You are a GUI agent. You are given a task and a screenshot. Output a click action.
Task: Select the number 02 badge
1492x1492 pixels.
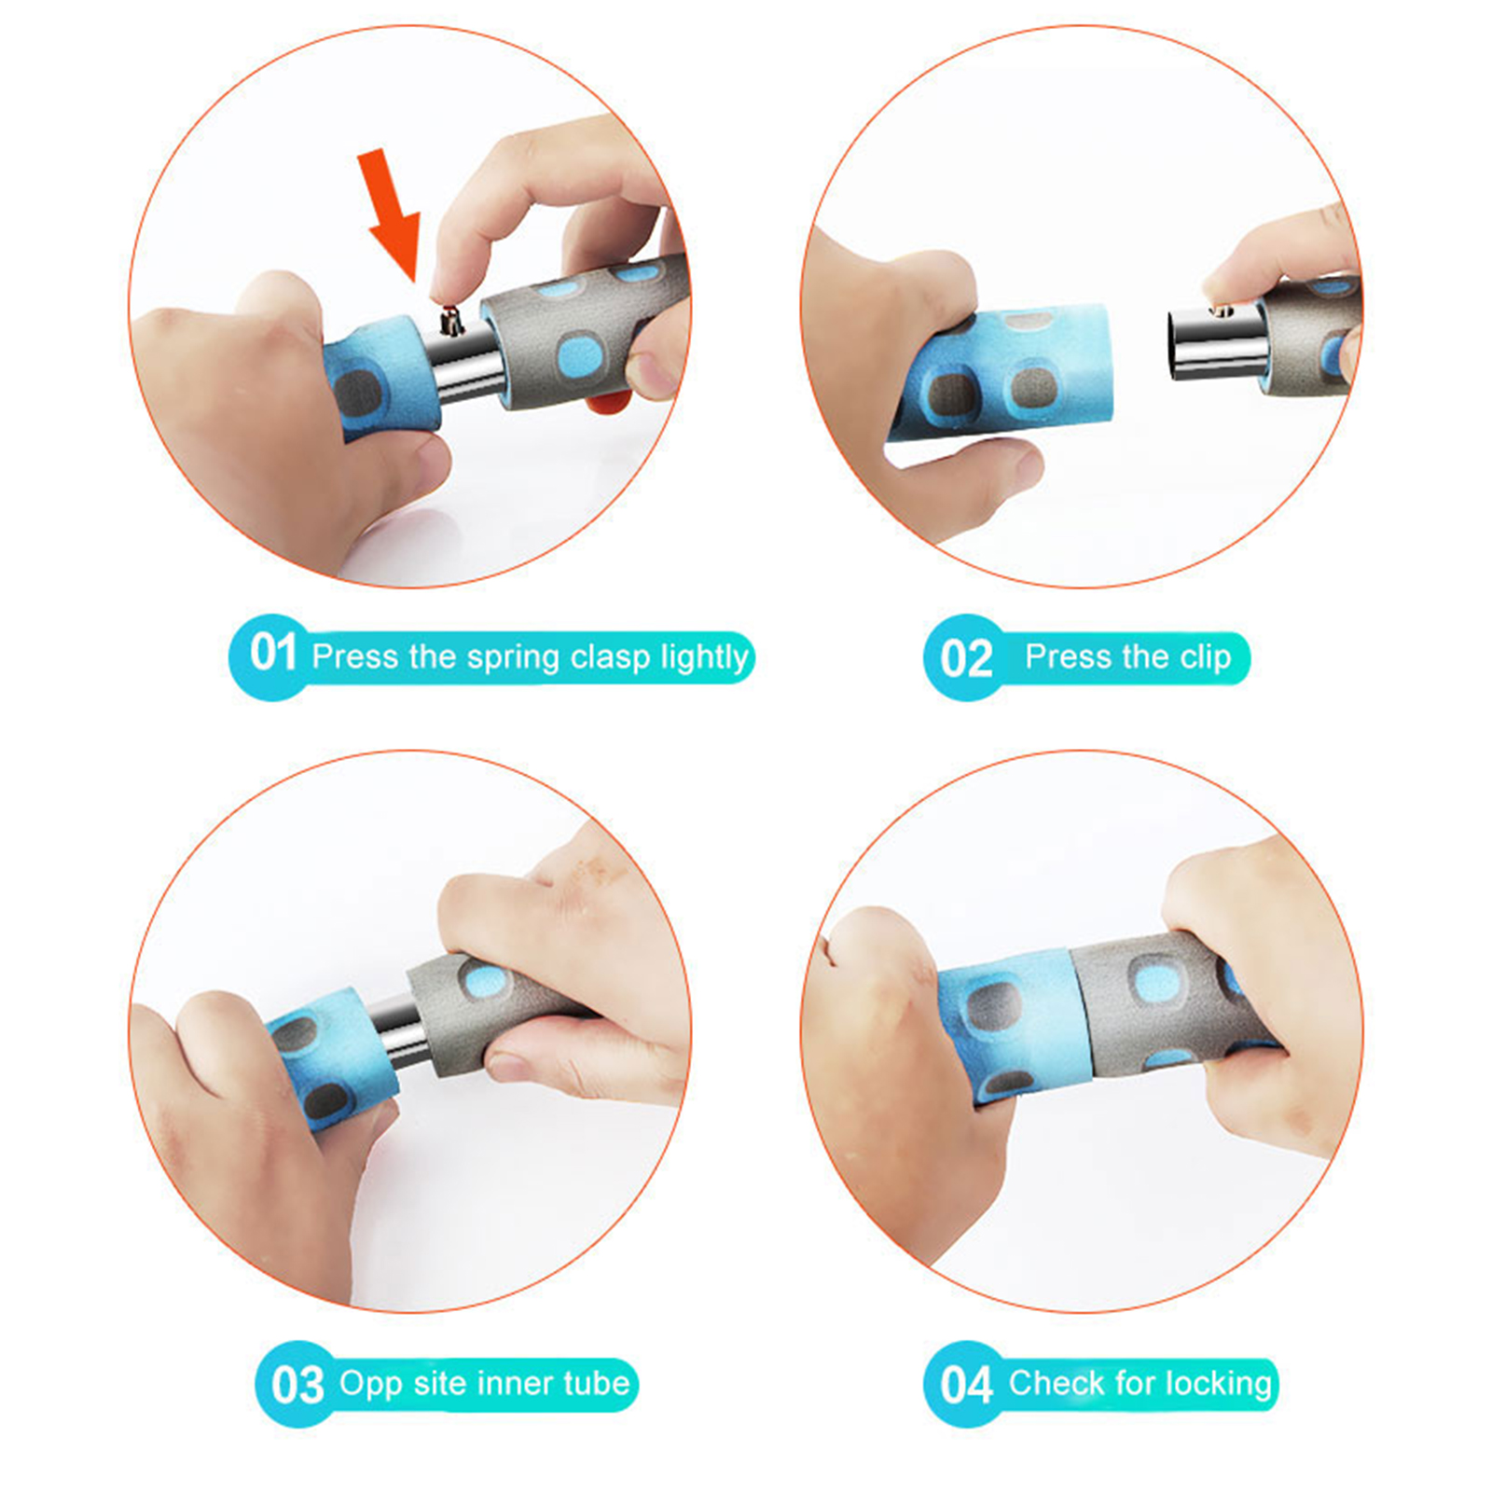coord(966,658)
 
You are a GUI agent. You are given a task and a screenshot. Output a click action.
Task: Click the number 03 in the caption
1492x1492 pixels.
coord(297,1385)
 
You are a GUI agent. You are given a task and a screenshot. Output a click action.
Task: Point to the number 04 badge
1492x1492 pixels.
coord(966,1384)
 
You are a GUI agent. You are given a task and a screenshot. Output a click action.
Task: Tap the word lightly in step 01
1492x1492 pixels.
coord(704,658)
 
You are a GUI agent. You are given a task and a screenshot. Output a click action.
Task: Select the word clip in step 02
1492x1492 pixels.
coord(1206,658)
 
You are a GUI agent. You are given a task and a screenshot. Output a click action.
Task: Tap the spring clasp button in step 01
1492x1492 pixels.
coord(452,321)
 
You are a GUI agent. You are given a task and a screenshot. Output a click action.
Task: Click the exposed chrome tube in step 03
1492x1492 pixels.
coord(396,1030)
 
